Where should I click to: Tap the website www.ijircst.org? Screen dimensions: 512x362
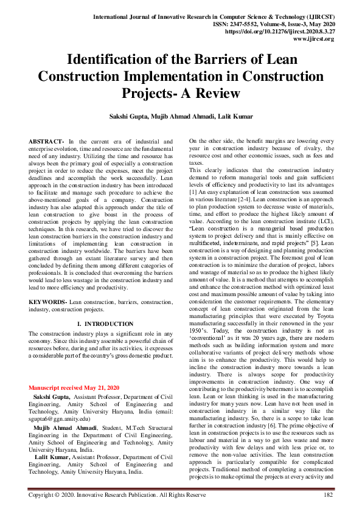click(313, 38)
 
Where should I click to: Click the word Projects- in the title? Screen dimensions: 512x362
click(156, 94)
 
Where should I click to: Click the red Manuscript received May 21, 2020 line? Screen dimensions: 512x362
click(74, 387)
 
